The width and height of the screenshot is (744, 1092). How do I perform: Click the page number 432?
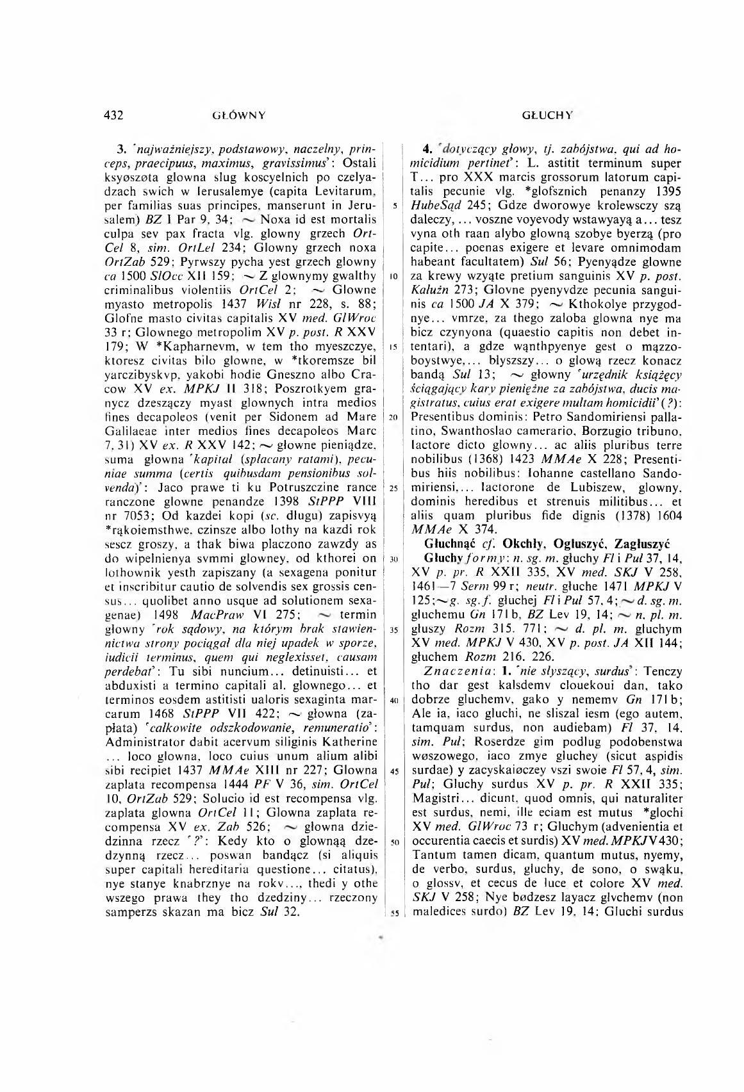(x=113, y=115)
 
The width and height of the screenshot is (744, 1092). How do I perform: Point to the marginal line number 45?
(x=393, y=770)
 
